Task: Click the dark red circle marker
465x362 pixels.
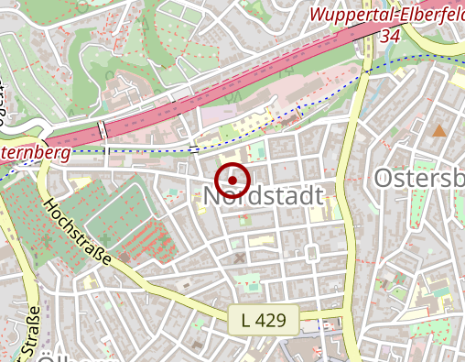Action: tap(234, 180)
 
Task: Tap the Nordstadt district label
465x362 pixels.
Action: tap(265, 197)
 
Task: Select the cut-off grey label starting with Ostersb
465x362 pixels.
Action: tap(419, 178)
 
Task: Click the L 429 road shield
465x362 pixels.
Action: tap(264, 320)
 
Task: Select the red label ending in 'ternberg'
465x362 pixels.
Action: tap(36, 152)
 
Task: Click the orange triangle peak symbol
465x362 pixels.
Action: tap(439, 131)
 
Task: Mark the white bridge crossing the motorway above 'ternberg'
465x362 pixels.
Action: tap(103, 130)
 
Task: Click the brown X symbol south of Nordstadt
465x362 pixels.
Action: tap(241, 258)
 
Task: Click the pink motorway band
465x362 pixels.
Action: tap(275, 73)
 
